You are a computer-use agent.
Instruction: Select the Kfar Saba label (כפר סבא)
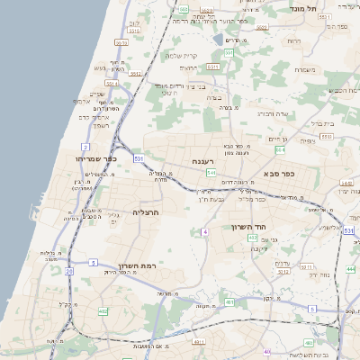tap(280, 173)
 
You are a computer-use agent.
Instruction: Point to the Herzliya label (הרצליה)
tap(145, 212)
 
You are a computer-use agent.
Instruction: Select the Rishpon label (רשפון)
tap(100, 125)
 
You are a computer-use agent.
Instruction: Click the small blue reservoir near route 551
tap(219, 40)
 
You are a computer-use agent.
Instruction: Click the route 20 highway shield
tap(68, 270)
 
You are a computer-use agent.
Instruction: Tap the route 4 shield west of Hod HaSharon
tap(205, 232)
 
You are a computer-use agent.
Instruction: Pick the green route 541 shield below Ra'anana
tap(210, 172)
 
